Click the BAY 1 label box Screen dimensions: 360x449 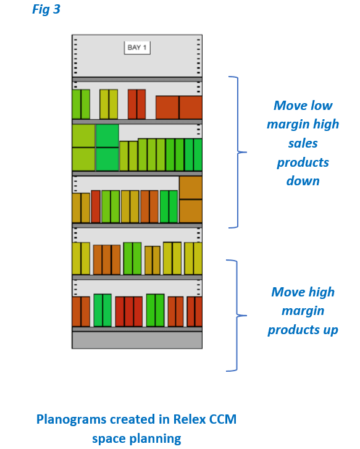point(137,48)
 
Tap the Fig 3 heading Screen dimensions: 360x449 point(46,9)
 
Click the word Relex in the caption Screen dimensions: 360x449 point(190,419)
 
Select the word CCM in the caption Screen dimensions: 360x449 point(223,419)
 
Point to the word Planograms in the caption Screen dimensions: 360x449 point(71,420)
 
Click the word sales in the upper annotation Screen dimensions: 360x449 point(303,143)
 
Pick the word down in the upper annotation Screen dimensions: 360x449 point(303,181)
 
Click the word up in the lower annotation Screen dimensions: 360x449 point(331,330)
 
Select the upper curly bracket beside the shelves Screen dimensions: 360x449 point(238,152)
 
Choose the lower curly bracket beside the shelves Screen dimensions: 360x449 point(237,316)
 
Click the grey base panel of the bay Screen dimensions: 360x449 point(137,340)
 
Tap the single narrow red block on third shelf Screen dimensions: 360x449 point(96,206)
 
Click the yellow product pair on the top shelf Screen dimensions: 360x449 point(109,104)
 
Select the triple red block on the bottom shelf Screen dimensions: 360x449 point(129,311)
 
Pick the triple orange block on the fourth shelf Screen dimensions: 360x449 point(107,260)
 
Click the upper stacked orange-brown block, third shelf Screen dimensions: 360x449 point(191,188)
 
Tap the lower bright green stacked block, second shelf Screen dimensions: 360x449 point(107,159)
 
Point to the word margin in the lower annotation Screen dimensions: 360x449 point(303,311)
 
